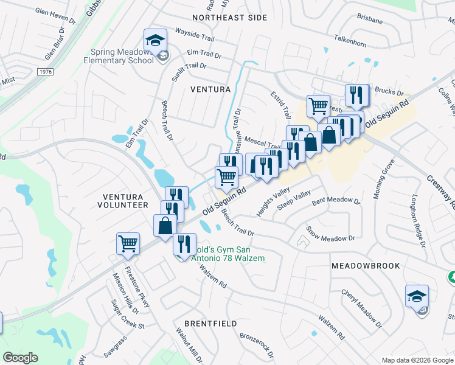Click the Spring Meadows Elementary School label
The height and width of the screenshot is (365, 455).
125,56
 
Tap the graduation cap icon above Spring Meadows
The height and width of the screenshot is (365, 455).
155,40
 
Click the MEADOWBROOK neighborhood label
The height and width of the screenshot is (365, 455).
366,266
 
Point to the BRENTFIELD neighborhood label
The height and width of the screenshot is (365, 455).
210,324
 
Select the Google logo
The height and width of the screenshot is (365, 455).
21,358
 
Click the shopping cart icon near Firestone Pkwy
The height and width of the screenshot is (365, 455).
128,243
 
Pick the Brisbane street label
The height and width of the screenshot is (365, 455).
370,20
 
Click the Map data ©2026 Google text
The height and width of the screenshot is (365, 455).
417,360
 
